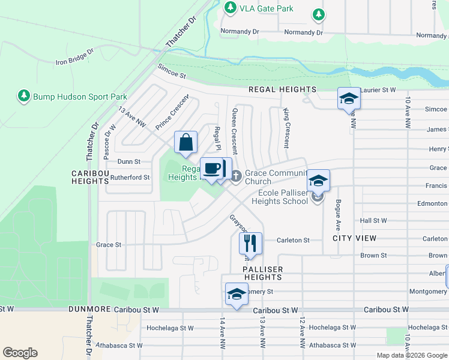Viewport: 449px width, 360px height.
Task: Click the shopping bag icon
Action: click(186, 143)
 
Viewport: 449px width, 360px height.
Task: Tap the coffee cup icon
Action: click(211, 169)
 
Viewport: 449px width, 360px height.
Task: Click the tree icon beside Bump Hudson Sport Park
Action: click(23, 96)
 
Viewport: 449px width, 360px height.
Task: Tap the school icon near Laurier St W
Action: click(348, 99)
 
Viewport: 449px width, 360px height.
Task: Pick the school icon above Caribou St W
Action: click(237, 295)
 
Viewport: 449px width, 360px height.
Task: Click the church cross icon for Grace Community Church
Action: click(236, 176)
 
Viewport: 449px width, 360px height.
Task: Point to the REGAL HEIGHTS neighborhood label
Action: click(282, 89)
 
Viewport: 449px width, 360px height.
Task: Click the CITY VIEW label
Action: click(355, 238)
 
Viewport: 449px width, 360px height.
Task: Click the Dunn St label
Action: click(129, 161)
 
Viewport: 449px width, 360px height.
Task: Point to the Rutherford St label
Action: click(130, 177)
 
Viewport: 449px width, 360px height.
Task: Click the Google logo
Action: click(20, 352)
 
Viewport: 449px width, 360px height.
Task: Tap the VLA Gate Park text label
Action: click(258, 8)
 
